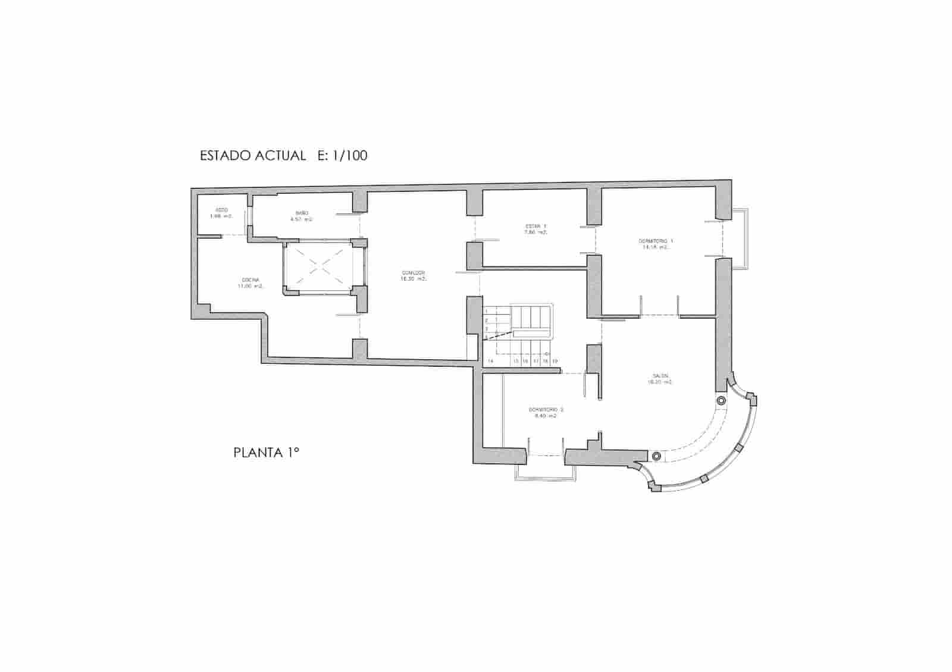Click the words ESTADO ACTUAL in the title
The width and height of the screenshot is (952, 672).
click(253, 156)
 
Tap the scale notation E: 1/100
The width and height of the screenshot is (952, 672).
click(343, 156)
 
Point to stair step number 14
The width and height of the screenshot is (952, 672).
click(490, 361)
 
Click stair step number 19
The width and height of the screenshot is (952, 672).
click(555, 361)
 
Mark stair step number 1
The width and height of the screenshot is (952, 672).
click(486, 312)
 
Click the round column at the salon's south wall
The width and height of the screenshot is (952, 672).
click(656, 456)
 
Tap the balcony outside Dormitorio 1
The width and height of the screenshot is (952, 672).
click(740, 238)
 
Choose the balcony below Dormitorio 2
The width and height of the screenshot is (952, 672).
click(544, 470)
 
